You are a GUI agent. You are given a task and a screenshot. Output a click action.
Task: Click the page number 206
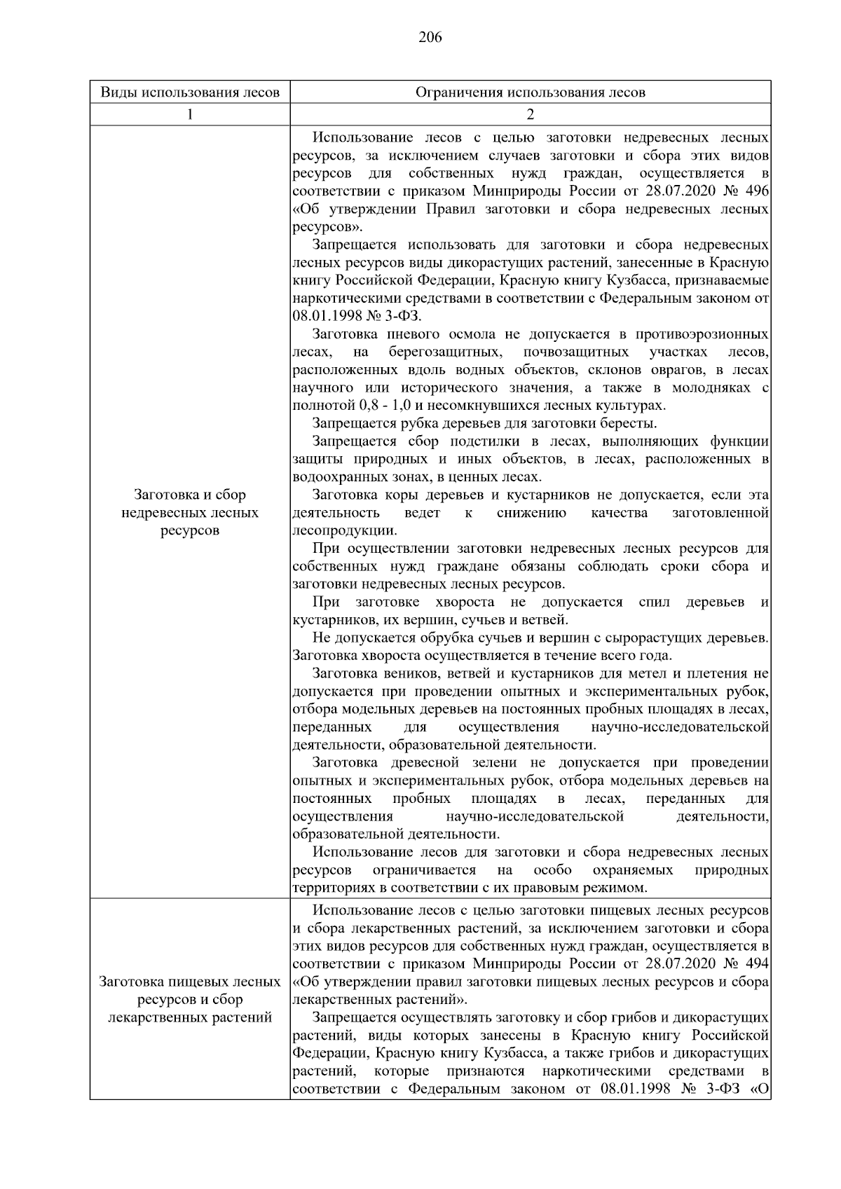point(430,38)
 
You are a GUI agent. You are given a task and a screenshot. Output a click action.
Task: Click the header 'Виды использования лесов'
point(190,92)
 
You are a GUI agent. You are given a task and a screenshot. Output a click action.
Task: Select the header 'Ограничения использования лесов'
point(530,92)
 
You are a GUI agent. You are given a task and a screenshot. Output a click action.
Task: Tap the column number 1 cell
point(190,115)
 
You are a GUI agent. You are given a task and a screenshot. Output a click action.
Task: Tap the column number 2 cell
point(530,115)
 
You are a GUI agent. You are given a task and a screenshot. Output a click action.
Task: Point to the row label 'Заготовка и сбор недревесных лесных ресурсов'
point(190,513)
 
